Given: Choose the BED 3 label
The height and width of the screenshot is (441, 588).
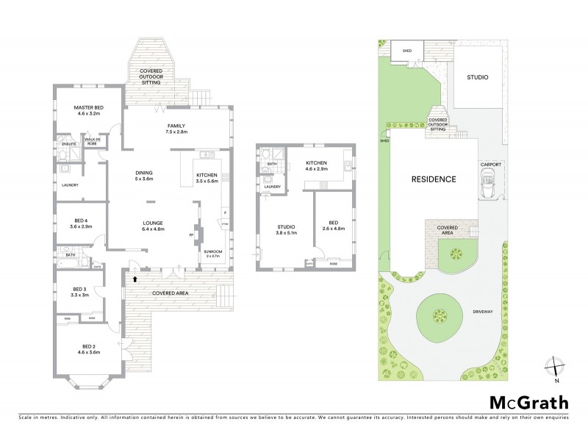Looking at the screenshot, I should coord(79,291).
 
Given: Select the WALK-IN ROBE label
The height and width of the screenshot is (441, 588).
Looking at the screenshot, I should coord(93,140).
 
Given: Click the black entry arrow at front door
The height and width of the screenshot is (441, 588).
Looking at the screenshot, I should coord(135,279).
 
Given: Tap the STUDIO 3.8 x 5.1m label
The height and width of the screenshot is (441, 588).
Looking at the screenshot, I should coord(286,229).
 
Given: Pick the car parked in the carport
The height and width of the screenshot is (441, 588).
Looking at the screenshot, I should coord(487,181).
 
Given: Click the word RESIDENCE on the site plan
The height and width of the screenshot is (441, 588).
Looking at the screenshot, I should coord(434,179).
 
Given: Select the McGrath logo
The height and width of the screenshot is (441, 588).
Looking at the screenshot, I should coord(528,402).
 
